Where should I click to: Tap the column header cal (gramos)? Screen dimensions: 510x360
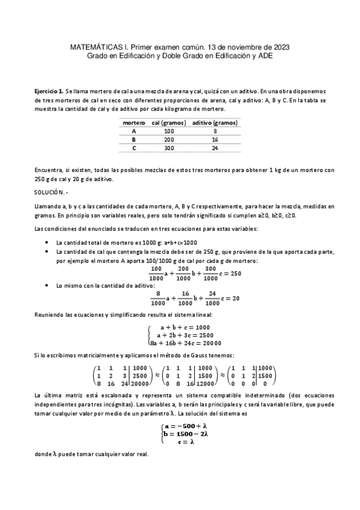pyautogui.click(x=165, y=123)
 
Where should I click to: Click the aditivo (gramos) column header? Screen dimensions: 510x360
pyautogui.click(x=215, y=123)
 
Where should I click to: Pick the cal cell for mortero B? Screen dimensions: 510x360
pyautogui.click(x=168, y=139)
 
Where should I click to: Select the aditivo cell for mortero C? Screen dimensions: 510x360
pyautogui.click(x=215, y=148)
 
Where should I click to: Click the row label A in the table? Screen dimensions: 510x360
pyautogui.click(x=133, y=131)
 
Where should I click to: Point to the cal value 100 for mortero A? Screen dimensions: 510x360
pyautogui.click(x=168, y=131)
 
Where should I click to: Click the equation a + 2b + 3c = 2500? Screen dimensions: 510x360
pyautogui.click(x=185, y=335)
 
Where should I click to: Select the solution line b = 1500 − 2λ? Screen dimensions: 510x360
pyautogui.click(x=185, y=434)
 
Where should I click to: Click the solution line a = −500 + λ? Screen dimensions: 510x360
pyautogui.click(x=185, y=425)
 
